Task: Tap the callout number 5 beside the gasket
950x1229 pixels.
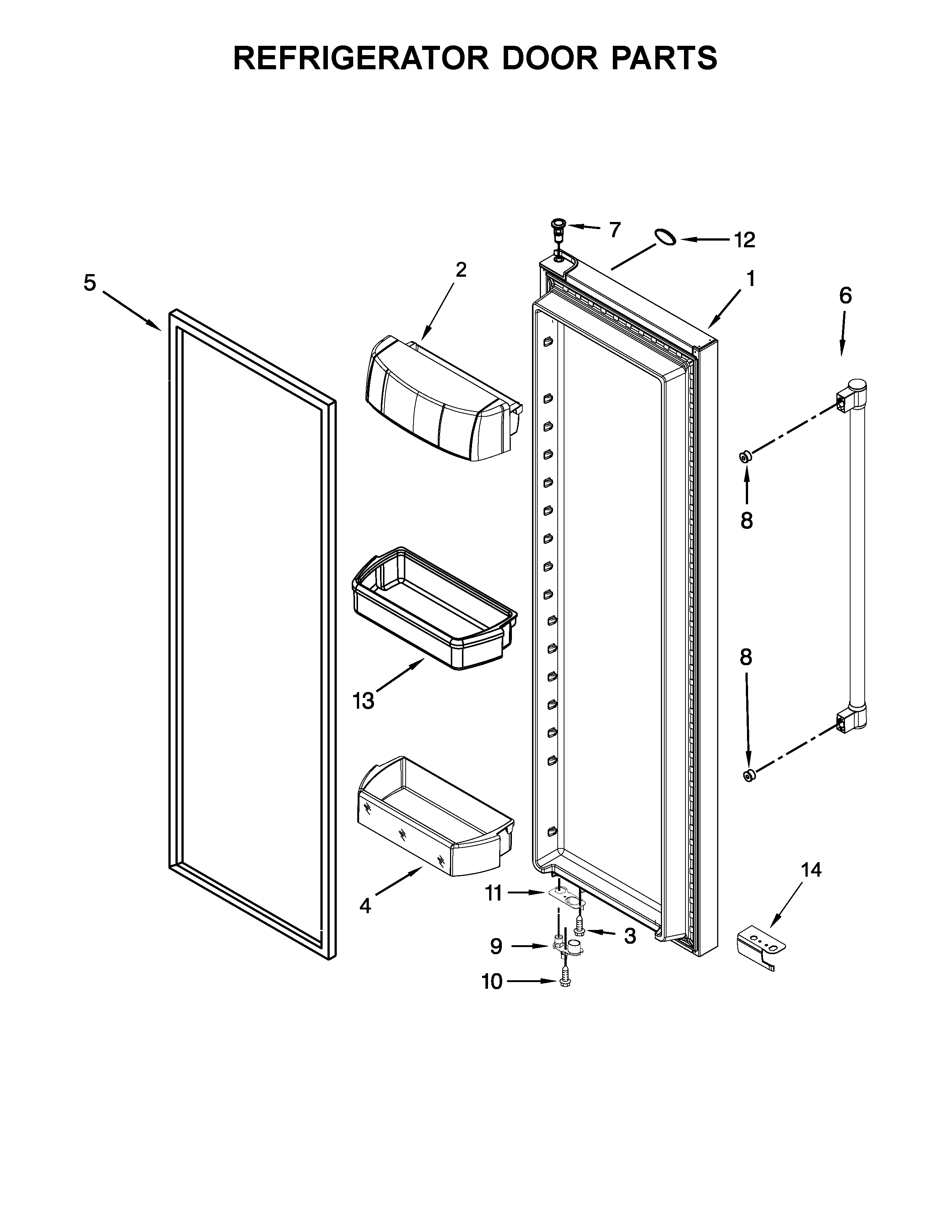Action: tap(90, 283)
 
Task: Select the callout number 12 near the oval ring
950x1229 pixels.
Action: tap(744, 240)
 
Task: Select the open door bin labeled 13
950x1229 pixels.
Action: tap(433, 610)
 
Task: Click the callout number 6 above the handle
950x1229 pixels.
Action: tap(845, 295)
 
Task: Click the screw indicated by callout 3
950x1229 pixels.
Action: tap(579, 929)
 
